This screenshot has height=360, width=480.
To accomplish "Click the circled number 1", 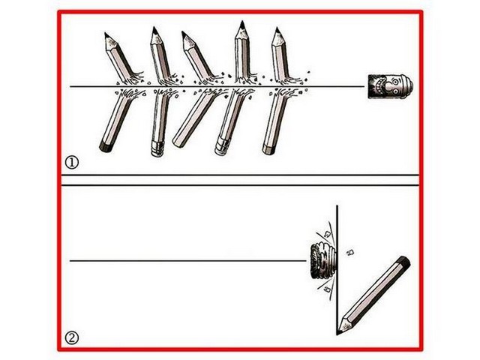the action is [x=72, y=163].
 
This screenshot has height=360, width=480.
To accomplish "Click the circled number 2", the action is [x=72, y=338].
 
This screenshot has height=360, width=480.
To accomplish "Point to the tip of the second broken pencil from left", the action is [x=154, y=28].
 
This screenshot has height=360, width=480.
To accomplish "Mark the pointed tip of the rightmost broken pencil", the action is [x=277, y=28].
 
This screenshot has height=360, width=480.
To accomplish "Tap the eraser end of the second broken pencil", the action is [x=157, y=149].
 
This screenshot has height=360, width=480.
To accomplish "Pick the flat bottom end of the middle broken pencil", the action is [x=178, y=142].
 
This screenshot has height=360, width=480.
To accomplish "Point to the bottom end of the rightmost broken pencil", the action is [x=268, y=149].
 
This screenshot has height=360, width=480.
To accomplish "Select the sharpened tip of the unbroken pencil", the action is [x=338, y=332].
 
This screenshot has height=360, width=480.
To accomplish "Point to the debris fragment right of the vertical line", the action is [x=350, y=252].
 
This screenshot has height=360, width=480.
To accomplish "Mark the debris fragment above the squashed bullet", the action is [x=327, y=234].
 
